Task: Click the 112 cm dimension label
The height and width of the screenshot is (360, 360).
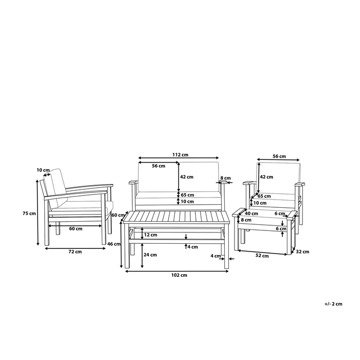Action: pos(180,155)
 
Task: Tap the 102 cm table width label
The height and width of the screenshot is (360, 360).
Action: pos(179,275)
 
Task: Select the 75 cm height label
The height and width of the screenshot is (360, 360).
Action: pos(29,213)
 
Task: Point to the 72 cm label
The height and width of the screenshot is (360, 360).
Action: pos(75,251)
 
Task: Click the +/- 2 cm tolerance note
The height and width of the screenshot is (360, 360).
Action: pos(333,304)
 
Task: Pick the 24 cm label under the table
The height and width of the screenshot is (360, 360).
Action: pos(150,255)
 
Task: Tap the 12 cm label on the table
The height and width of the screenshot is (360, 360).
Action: pos(150,235)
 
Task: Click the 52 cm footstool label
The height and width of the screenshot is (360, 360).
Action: pos(262,256)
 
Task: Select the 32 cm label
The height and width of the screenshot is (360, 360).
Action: pos(302,251)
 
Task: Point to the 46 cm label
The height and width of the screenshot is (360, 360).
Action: pos(114,244)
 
